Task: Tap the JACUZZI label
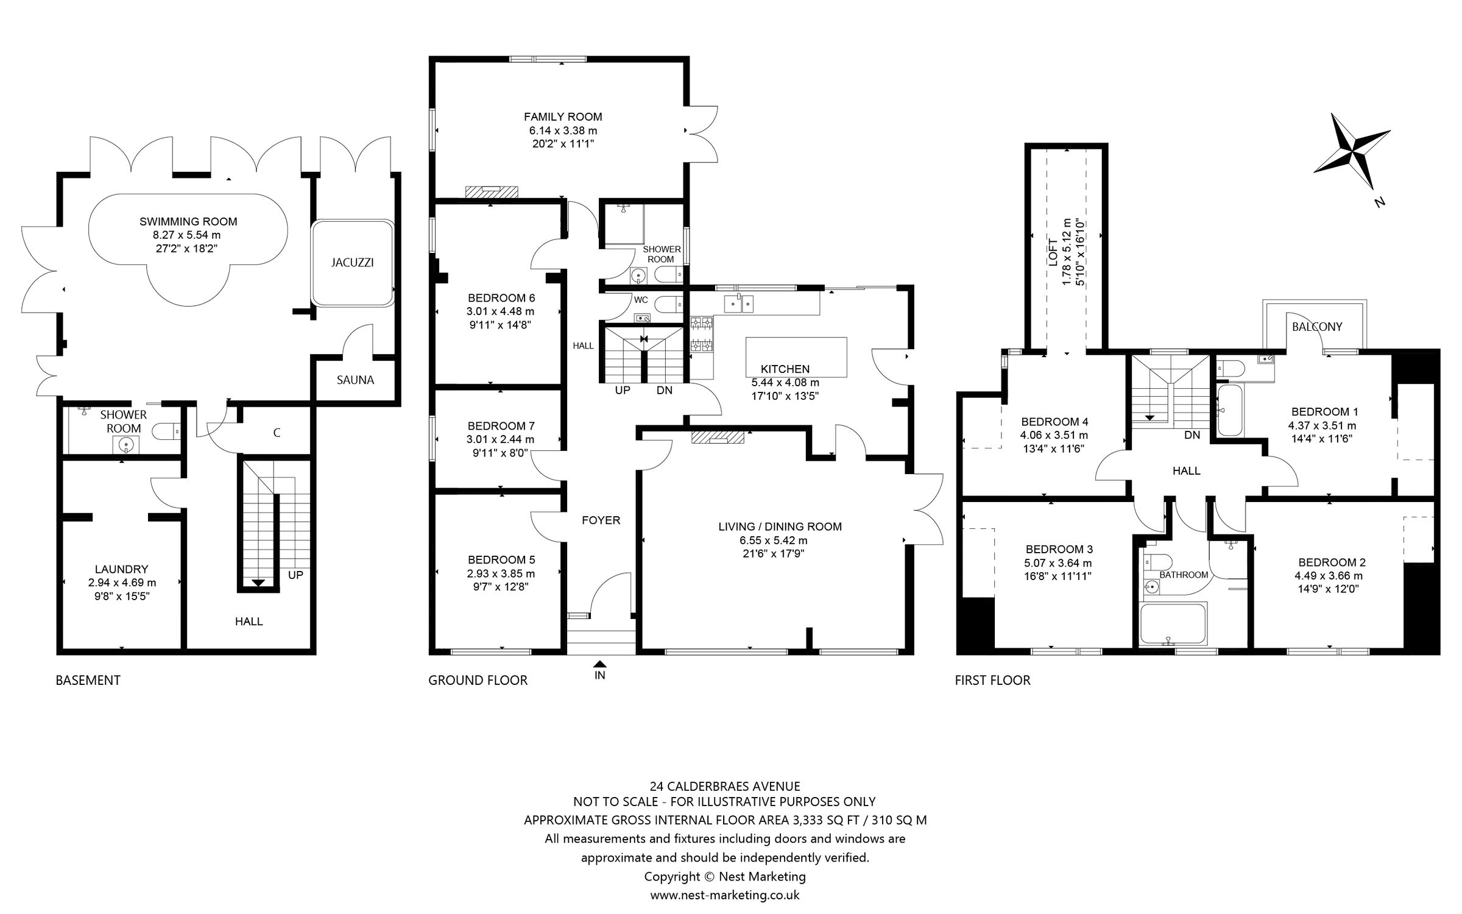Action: click(x=352, y=263)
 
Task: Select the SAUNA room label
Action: click(x=355, y=380)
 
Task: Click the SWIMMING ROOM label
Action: click(x=188, y=222)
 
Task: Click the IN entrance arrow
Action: click(x=600, y=665)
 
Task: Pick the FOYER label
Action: click(x=601, y=520)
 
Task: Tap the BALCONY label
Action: click(x=1317, y=327)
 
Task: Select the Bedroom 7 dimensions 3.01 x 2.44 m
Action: click(x=500, y=439)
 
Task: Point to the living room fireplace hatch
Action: click(x=718, y=438)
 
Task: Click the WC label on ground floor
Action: click(x=641, y=300)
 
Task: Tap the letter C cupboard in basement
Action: click(x=277, y=433)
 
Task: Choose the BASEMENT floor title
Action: click(x=88, y=681)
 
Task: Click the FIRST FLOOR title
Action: click(x=992, y=681)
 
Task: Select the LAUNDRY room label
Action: click(x=122, y=569)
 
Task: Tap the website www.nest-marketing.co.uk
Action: click(x=724, y=895)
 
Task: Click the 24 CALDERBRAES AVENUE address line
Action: click(x=724, y=787)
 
